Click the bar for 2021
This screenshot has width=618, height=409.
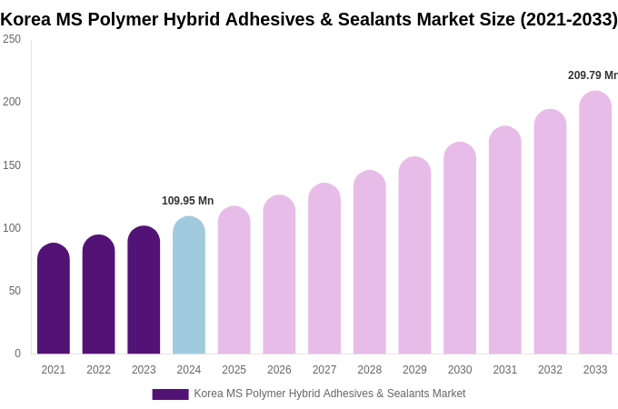point(54,299)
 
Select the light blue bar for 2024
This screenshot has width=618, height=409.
point(189,285)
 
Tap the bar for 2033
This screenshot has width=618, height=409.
point(595,223)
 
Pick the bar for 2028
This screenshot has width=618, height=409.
point(370,263)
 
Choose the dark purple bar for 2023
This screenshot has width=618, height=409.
point(144,290)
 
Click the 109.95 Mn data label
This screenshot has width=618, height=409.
point(187,201)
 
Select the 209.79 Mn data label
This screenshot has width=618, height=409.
point(593,75)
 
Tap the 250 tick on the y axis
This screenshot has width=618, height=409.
point(12,39)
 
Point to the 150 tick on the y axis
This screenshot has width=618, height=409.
point(12,165)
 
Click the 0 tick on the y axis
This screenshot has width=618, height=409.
point(17,354)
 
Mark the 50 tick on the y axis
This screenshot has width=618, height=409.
point(15,291)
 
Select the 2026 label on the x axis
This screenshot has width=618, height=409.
point(279,370)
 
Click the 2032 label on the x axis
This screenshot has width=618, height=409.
point(550,370)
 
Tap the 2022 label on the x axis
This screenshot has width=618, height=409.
point(98,370)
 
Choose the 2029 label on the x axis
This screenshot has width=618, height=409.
point(414,370)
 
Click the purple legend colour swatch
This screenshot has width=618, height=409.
point(170,394)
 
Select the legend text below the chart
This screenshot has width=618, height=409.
point(329,394)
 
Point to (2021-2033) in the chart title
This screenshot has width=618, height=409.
point(568,19)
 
